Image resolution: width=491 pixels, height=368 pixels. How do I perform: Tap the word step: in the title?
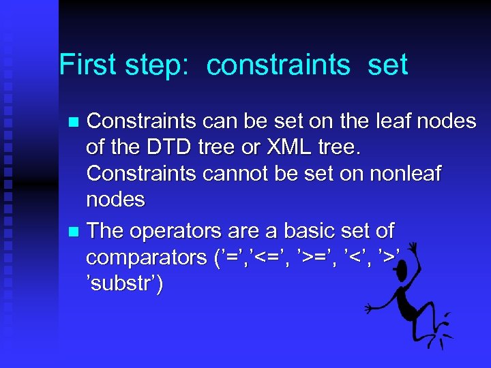pyautogui.click(x=160, y=65)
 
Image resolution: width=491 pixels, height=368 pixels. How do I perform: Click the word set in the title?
pyautogui.click(x=387, y=65)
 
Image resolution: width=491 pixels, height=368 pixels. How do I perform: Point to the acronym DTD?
pyautogui.click(x=163, y=147)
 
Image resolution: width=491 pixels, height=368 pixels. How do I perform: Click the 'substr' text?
pyautogui.click(x=125, y=283)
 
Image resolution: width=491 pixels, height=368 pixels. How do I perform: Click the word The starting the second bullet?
pyautogui.click(x=105, y=232)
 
